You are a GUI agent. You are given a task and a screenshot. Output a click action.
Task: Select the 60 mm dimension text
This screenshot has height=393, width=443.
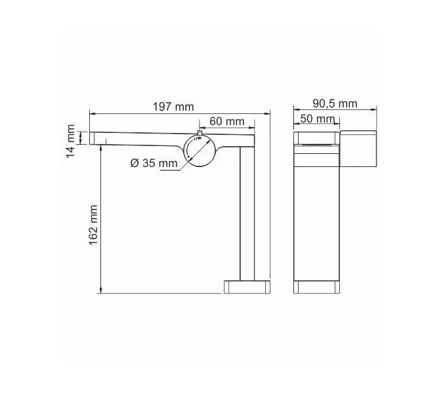click(x=226, y=121)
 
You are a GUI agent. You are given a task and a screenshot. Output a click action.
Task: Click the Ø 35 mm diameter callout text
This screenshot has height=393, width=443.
click(x=154, y=163)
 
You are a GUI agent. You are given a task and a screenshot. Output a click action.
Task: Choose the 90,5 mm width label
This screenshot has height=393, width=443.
click(x=335, y=103)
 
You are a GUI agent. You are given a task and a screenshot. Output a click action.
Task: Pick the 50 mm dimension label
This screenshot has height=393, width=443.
click(x=316, y=119)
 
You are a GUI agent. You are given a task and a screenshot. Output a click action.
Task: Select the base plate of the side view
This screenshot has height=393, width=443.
click(x=247, y=287)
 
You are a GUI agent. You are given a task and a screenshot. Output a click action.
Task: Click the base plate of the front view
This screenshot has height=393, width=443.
click(x=318, y=287)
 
